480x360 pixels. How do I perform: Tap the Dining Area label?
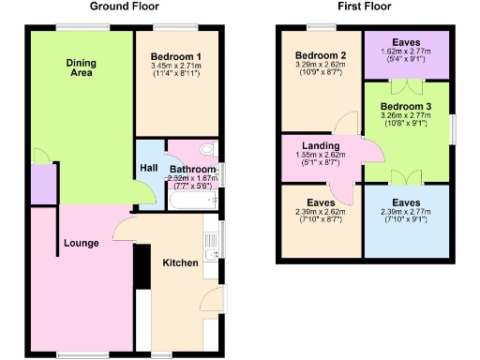pyautogui.click(x=82, y=68)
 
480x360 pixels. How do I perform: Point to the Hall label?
pyautogui.click(x=149, y=168)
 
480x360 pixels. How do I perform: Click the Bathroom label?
pyautogui.click(x=192, y=170)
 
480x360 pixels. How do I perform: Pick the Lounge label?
pyautogui.click(x=82, y=244)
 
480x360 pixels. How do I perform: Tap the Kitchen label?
pyautogui.click(x=181, y=262)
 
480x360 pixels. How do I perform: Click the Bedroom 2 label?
pyautogui.click(x=322, y=56)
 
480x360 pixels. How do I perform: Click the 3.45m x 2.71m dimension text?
pyautogui.click(x=178, y=66)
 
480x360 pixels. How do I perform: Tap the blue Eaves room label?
pyautogui.click(x=406, y=202)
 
